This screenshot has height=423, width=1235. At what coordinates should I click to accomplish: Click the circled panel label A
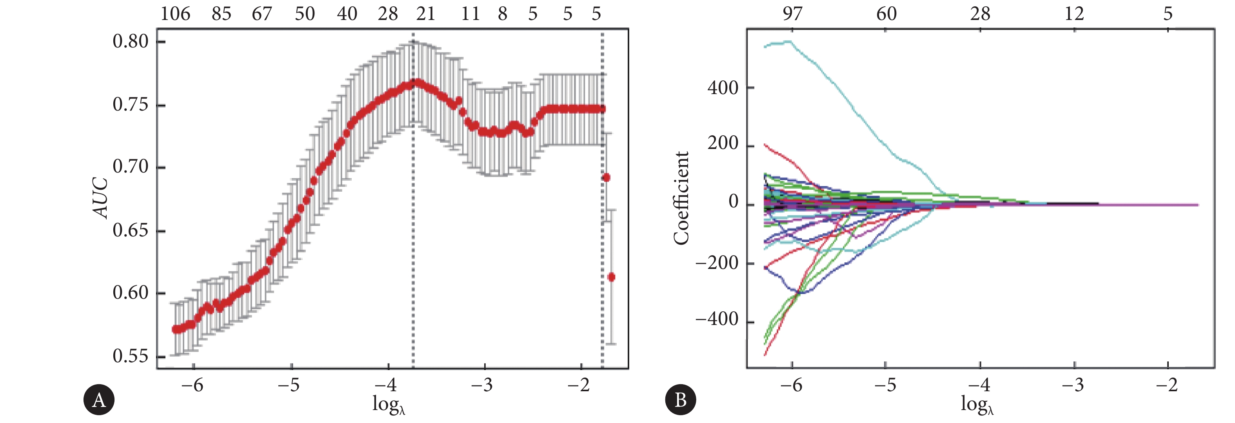tap(99, 399)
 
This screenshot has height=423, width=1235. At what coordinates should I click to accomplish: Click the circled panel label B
tap(680, 399)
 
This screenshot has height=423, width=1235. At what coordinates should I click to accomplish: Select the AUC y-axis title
tap(101, 198)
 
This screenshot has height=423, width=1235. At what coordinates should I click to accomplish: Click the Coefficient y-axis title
tap(681, 198)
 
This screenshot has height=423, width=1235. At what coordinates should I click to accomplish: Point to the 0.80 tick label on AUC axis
tap(131, 41)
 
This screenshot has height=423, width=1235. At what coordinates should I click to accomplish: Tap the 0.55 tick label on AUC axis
tap(131, 356)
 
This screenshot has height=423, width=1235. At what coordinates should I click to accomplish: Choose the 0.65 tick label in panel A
tap(131, 230)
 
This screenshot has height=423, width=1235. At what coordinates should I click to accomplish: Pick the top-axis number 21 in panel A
tap(425, 14)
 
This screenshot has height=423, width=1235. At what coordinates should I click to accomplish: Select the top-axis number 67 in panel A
tap(262, 14)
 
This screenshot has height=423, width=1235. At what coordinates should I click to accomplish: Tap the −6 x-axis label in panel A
tap(192, 385)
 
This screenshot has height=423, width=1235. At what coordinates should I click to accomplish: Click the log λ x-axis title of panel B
tap(977, 404)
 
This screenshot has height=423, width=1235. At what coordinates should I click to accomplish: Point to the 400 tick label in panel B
tap(723, 88)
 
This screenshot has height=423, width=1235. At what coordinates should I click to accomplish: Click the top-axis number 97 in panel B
tap(792, 14)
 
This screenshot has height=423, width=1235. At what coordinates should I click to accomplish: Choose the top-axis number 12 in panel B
tap(1074, 14)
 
